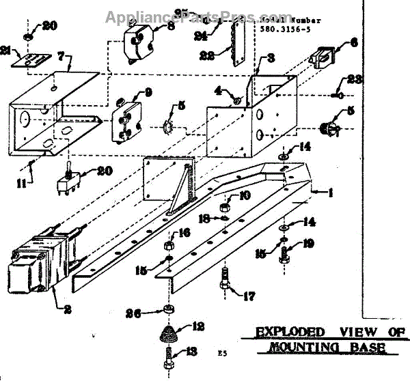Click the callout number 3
tap(271, 58)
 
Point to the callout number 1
tap(331, 193)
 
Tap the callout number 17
tap(241, 296)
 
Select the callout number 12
tap(198, 326)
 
